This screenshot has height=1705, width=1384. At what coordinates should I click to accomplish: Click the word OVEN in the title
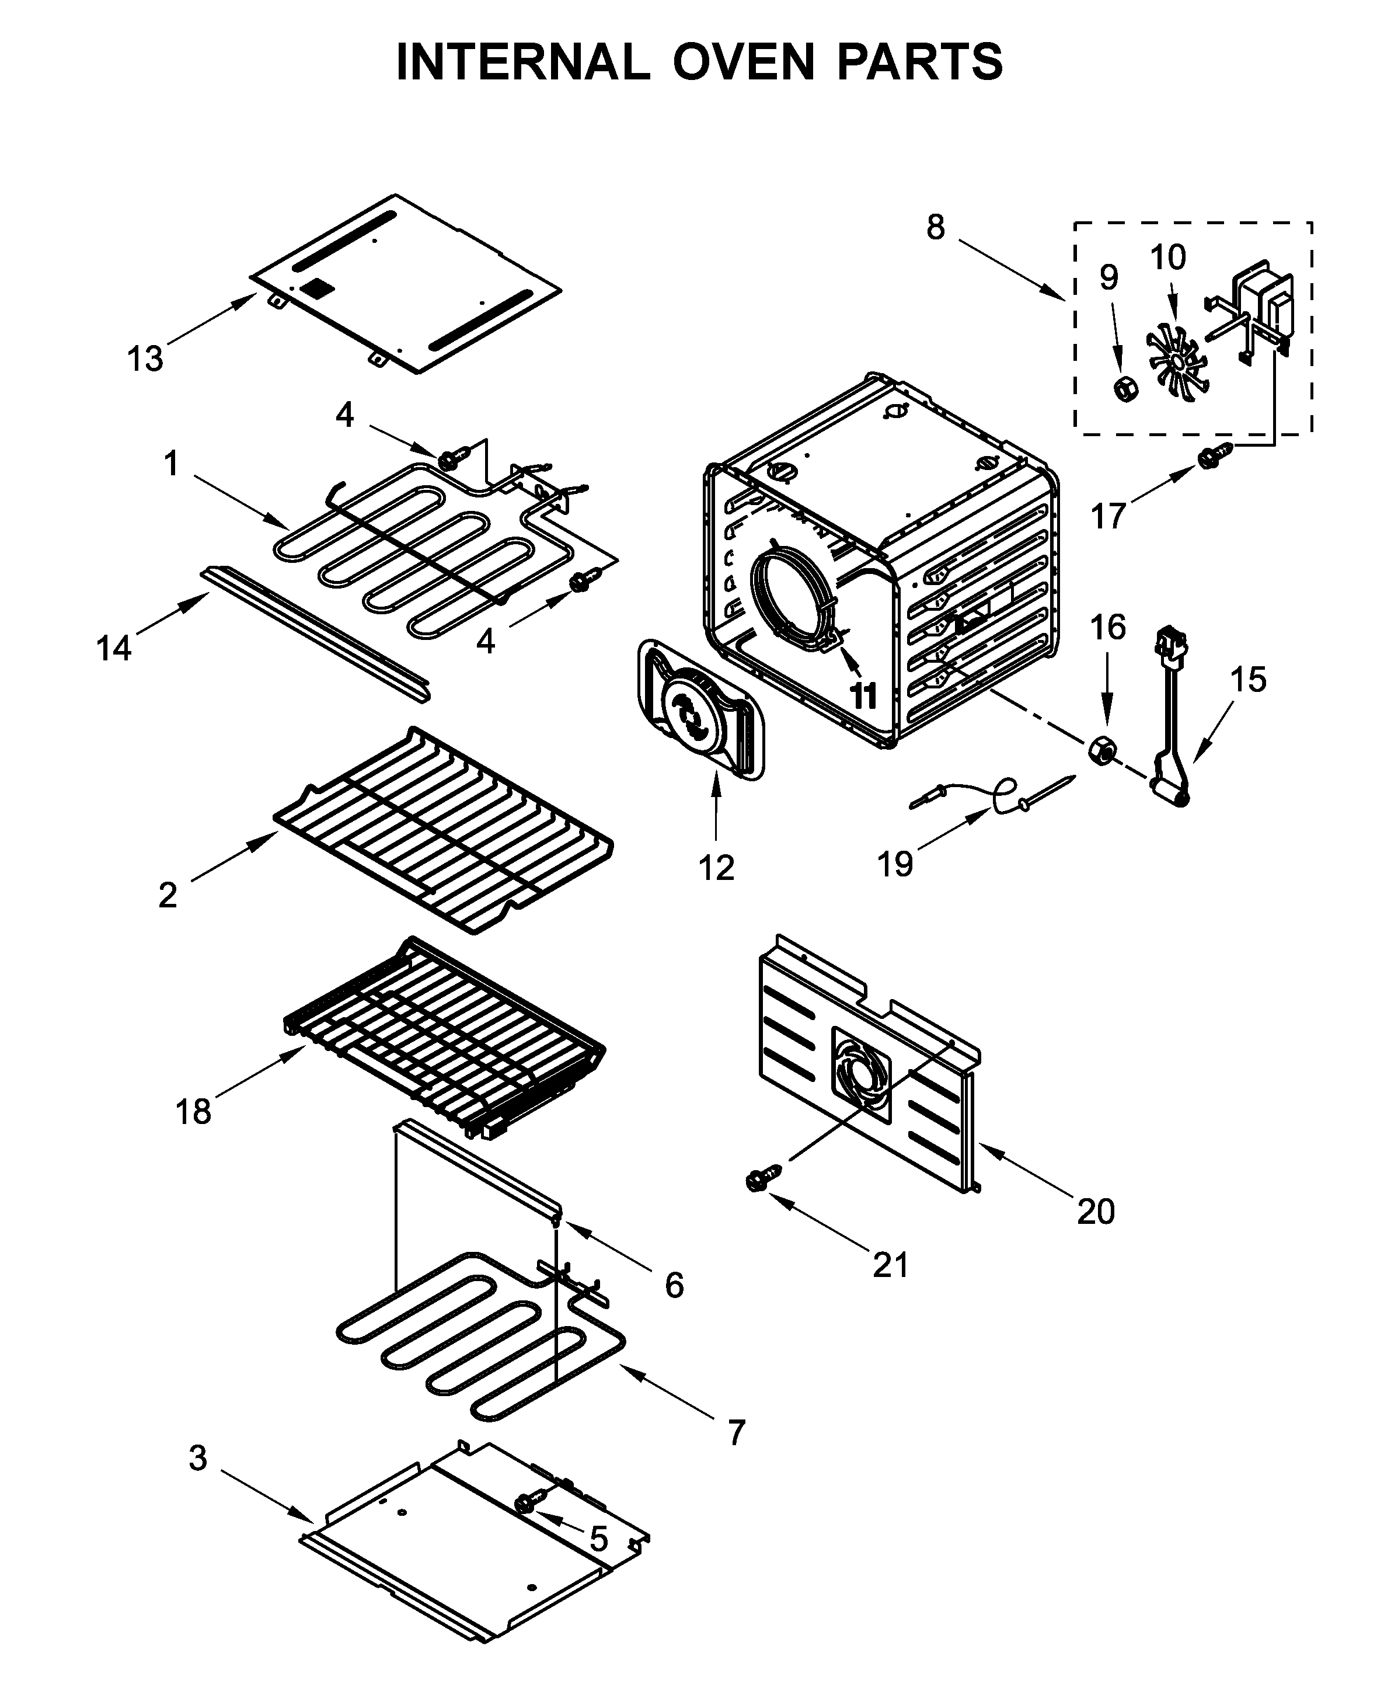(x=743, y=62)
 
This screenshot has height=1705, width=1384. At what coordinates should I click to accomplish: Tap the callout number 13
(x=145, y=360)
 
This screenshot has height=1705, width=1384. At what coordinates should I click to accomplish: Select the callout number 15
(x=1247, y=680)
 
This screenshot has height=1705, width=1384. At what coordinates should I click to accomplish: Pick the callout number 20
(x=1096, y=1212)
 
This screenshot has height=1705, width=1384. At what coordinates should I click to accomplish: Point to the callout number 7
(x=736, y=1433)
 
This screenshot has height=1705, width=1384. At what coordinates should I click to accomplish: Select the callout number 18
(x=193, y=1111)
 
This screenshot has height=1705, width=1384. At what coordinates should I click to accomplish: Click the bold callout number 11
(x=863, y=695)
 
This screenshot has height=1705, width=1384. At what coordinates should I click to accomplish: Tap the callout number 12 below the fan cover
(x=716, y=868)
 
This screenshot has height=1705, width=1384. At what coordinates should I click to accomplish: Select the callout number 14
(x=113, y=648)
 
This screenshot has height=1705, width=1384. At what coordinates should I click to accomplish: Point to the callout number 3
(x=198, y=1458)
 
